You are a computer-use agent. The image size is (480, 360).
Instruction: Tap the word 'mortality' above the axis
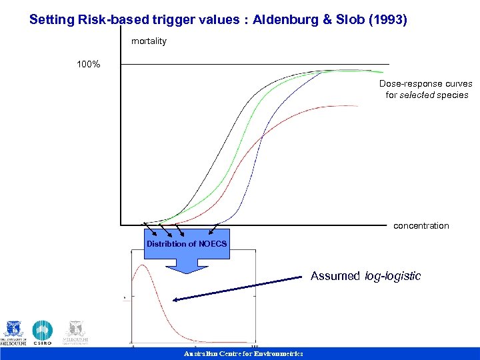[x=149, y=41]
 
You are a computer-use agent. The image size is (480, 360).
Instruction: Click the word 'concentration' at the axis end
[x=421, y=226]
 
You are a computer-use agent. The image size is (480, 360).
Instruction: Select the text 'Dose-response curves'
[x=426, y=84]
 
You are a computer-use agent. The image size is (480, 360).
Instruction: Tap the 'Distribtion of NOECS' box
[x=187, y=243]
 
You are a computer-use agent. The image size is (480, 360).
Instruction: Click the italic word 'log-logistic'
[x=393, y=276]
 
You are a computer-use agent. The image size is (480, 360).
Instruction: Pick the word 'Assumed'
[x=335, y=276]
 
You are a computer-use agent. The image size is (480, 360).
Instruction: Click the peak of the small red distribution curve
[x=141, y=266]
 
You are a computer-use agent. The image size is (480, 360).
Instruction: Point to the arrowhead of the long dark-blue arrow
[x=175, y=300]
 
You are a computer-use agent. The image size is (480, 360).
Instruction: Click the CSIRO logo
[x=43, y=332]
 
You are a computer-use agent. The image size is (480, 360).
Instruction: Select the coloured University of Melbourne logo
[x=14, y=332]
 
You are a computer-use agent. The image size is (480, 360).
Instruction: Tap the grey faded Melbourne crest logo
[x=75, y=332]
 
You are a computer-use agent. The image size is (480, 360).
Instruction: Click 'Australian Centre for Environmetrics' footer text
[x=243, y=354]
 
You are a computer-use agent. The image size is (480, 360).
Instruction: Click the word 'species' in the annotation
[x=453, y=95]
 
